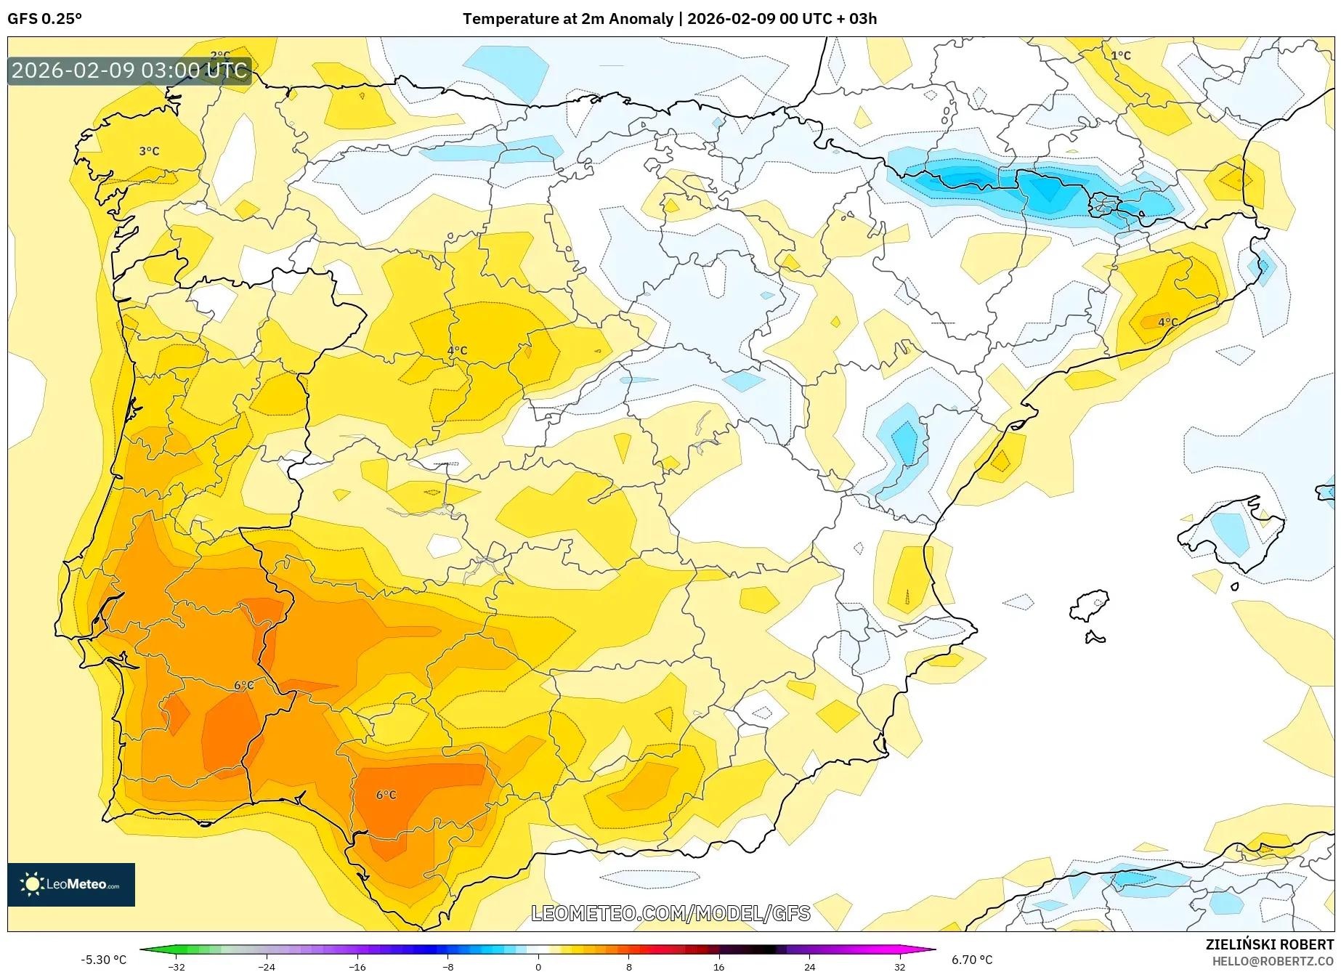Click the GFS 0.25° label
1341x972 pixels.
[45, 19]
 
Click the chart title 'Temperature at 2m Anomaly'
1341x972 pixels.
[567, 19]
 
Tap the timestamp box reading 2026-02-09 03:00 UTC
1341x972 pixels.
[129, 70]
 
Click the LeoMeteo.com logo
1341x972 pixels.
[71, 884]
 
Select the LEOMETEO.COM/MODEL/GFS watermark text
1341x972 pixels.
[670, 913]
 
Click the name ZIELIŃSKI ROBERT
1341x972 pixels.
[1269, 944]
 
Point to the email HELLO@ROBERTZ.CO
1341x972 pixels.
[1272, 961]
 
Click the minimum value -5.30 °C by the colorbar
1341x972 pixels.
[103, 960]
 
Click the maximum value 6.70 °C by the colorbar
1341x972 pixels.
[972, 960]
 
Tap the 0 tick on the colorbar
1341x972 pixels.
[538, 966]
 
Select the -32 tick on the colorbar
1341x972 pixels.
[177, 966]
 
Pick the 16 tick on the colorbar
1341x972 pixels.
[718, 966]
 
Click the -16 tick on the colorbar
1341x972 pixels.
[357, 966]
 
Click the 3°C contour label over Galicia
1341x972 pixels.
[149, 151]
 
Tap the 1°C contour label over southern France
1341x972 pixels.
[1120, 55]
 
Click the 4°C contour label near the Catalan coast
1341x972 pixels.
[1167, 322]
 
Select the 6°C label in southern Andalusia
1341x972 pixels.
[386, 795]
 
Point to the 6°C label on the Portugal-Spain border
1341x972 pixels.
[244, 685]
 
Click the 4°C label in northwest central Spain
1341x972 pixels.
[457, 350]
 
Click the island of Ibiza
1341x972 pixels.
[1087, 606]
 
